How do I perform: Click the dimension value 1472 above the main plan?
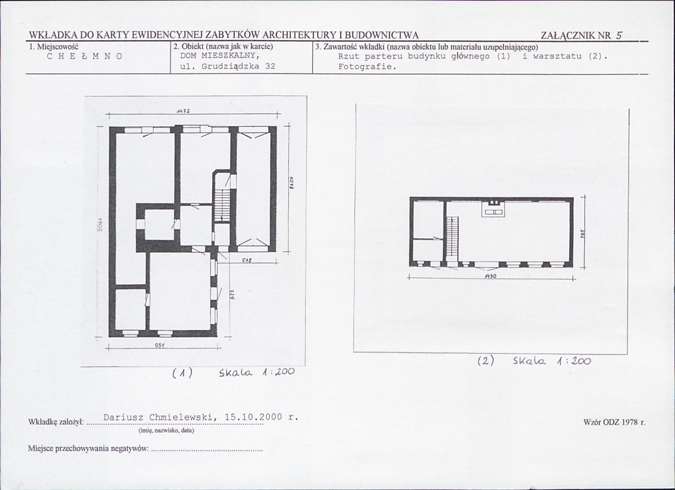click(184, 111)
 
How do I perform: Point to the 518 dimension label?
click(247, 260)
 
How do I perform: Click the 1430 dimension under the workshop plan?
click(491, 276)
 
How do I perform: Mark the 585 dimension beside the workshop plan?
click(583, 233)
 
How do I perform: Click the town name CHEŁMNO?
click(84, 56)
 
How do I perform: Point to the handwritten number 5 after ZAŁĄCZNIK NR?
click(619, 36)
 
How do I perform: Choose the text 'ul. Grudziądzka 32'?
click(228, 67)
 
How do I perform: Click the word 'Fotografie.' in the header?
click(366, 67)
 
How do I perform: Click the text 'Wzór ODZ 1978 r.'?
click(615, 422)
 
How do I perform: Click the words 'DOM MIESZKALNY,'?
click(219, 56)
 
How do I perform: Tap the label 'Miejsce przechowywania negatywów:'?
click(88, 449)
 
